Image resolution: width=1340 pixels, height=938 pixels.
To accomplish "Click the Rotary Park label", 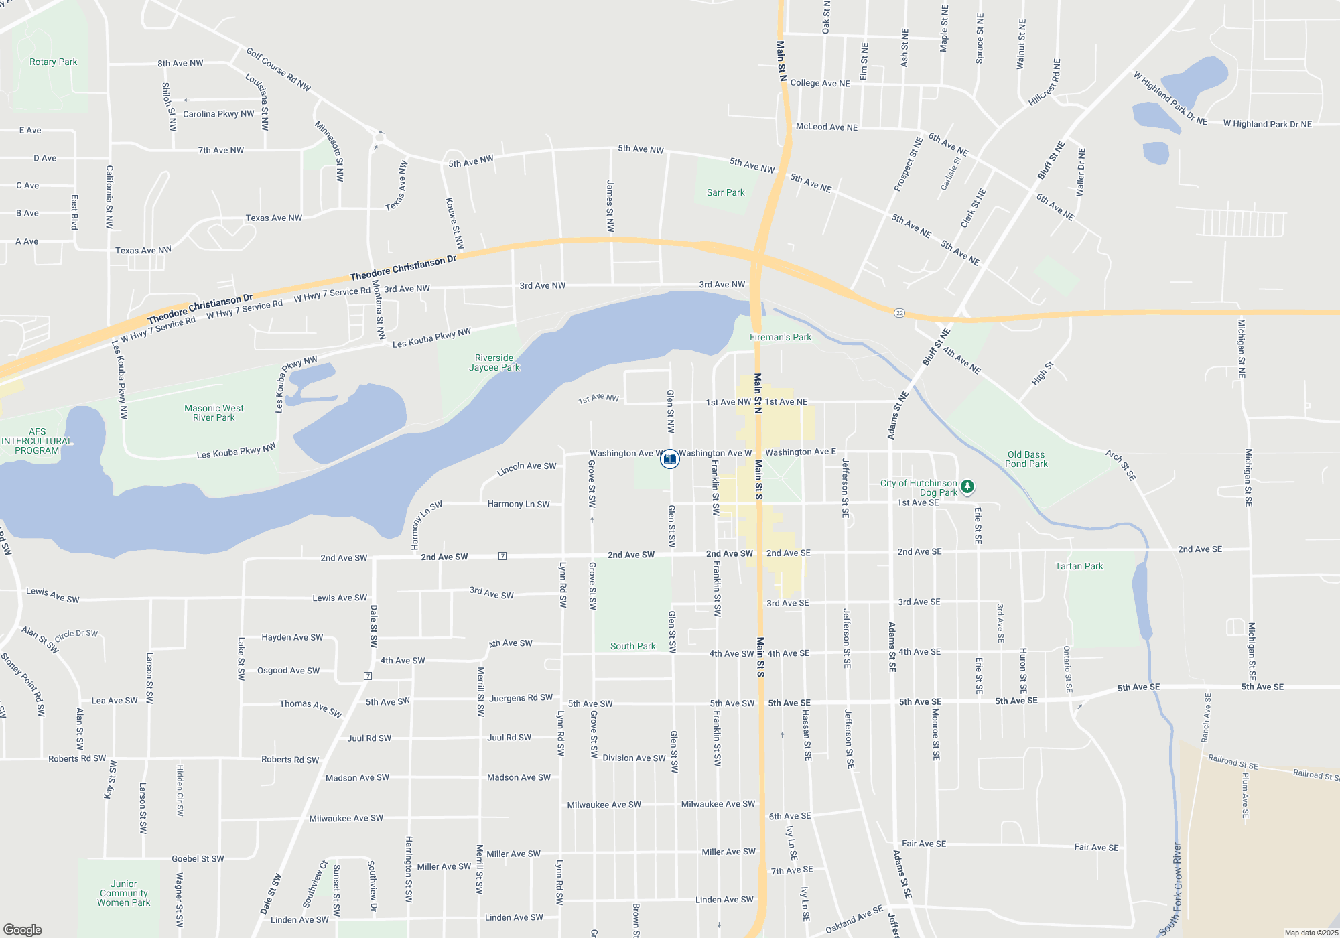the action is [x=54, y=62].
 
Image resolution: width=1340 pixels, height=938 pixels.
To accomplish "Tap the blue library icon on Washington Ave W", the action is [x=669, y=459].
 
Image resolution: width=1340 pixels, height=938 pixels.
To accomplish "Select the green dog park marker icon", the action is [x=967, y=486].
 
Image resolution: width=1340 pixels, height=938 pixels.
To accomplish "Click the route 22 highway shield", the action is [x=899, y=313].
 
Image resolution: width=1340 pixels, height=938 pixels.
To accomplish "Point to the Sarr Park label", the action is [x=726, y=192].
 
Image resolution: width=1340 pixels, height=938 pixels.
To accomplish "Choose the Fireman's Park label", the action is [x=780, y=337].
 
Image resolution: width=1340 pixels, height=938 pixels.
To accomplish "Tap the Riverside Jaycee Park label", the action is [x=494, y=362].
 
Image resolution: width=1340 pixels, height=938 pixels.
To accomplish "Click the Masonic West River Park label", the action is [x=214, y=413].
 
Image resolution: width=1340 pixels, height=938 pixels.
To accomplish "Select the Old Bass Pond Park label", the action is [x=1026, y=459].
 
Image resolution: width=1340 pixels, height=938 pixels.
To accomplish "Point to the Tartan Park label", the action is [x=1079, y=566].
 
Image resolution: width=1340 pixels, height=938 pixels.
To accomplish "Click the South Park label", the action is [x=632, y=646].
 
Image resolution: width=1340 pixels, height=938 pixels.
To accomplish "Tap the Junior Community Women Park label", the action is [x=124, y=893].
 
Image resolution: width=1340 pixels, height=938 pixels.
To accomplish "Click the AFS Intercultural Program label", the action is [x=37, y=441].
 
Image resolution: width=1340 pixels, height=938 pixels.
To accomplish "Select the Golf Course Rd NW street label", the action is [x=278, y=69].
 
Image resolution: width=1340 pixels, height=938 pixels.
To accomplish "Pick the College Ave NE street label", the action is [x=819, y=83].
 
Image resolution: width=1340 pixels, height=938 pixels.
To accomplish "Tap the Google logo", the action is [x=23, y=929].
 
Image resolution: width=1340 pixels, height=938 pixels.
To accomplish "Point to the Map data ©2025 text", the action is [x=1311, y=933].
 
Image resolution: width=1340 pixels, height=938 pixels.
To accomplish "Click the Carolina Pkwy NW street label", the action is [x=218, y=114].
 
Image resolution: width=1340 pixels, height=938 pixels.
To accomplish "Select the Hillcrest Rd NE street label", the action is [x=1045, y=82].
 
